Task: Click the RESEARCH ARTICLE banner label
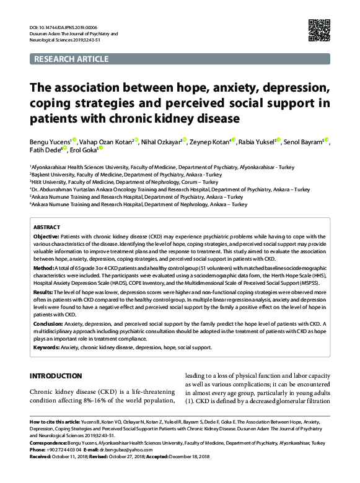click(72, 59)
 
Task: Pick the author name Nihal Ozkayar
click(162, 141)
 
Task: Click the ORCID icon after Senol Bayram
click(327, 141)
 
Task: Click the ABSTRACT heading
click(46, 227)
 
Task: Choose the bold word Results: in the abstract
click(43, 292)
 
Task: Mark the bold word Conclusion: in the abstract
click(48, 323)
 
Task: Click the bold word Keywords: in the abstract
click(46, 347)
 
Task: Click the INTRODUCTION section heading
click(56, 376)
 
